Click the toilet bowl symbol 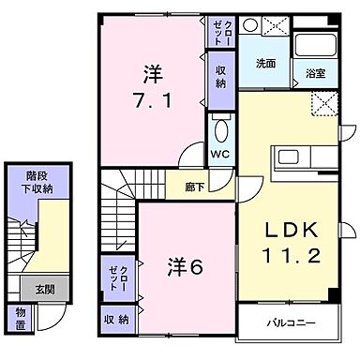click(222, 130)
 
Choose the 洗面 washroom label click(266, 65)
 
